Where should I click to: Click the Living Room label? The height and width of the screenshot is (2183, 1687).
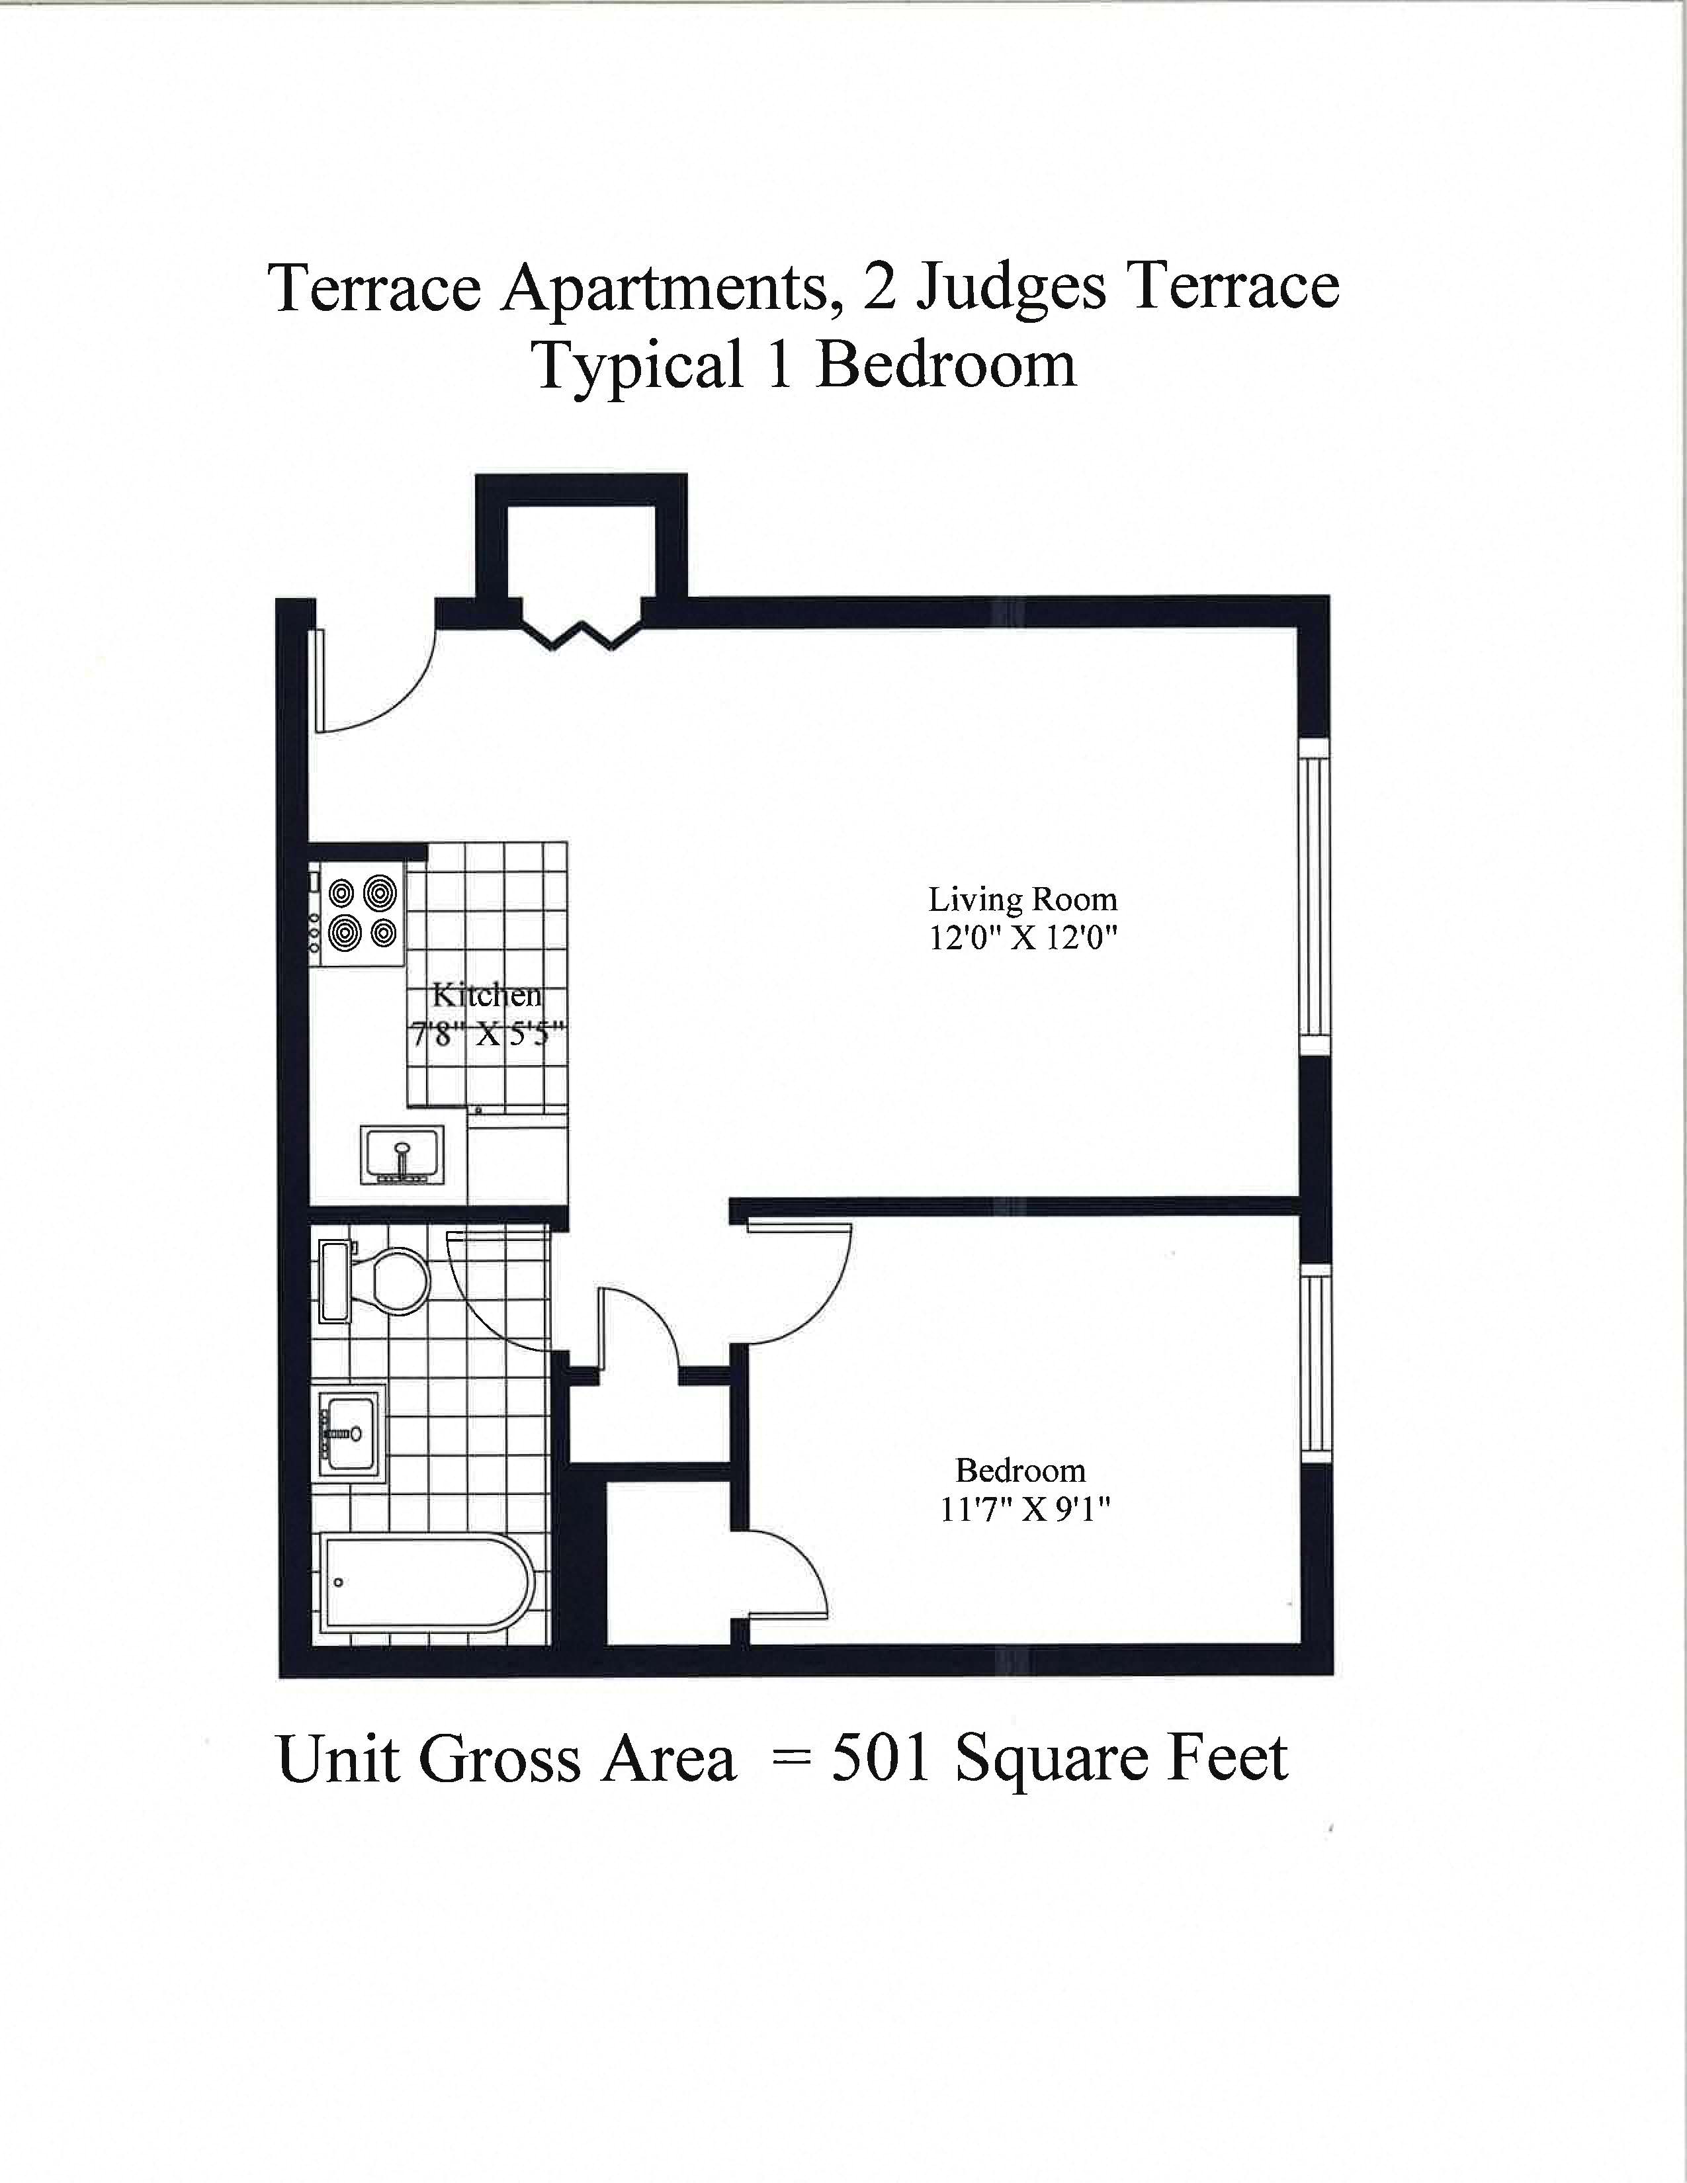pos(1022,900)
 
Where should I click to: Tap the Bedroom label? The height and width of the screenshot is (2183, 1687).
pos(1019,1471)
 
